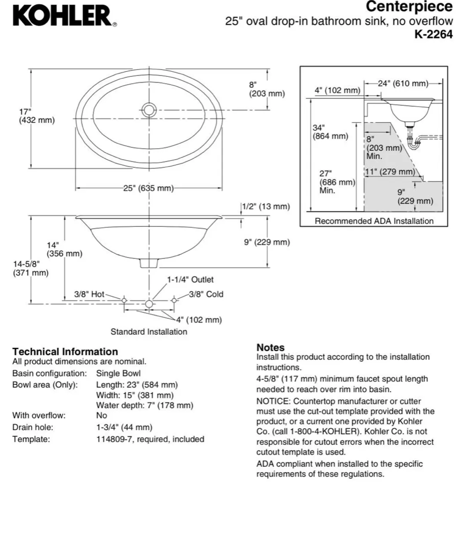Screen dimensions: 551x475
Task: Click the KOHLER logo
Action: (64, 16)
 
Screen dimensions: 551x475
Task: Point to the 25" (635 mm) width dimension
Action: (148, 189)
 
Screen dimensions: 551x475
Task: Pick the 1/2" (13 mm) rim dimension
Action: (266, 207)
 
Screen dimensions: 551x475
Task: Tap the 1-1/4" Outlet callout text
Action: (190, 280)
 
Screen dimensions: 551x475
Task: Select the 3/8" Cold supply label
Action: (206, 294)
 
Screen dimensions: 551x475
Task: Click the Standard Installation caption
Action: (149, 332)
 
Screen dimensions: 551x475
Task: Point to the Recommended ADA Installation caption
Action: (374, 221)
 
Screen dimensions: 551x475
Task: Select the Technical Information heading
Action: (65, 352)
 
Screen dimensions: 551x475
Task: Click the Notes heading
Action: (270, 348)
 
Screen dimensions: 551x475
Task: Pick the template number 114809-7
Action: (114, 440)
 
